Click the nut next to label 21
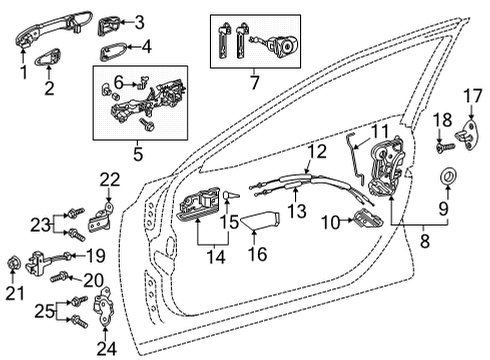click(x=14, y=263)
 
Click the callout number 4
click(x=147, y=46)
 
